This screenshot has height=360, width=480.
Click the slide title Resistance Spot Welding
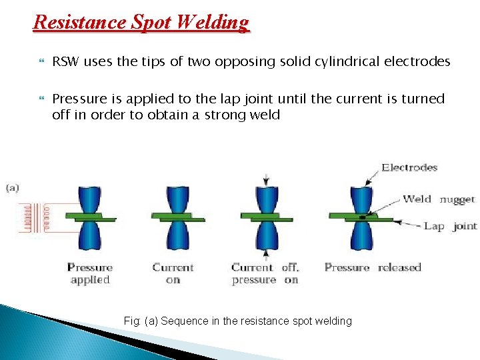pyautogui.click(x=141, y=23)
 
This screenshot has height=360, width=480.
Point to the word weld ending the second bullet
pyautogui.click(x=264, y=115)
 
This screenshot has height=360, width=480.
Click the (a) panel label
pyautogui.click(x=13, y=187)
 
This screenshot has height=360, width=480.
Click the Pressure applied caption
pyautogui.click(x=89, y=273)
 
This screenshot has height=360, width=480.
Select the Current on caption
pyautogui.click(x=173, y=273)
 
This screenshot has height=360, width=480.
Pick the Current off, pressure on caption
pyautogui.click(x=265, y=273)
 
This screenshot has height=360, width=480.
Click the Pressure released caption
pyautogui.click(x=373, y=267)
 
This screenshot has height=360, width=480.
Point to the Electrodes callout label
pyautogui.click(x=409, y=167)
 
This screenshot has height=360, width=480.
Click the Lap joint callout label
pyautogui.click(x=450, y=226)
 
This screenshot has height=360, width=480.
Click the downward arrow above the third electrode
pyautogui.click(x=267, y=179)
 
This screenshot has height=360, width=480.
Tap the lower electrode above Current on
pyautogui.click(x=173, y=237)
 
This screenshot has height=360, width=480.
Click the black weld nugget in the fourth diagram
pyautogui.click(x=361, y=217)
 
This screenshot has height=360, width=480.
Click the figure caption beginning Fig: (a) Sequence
pyautogui.click(x=238, y=321)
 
